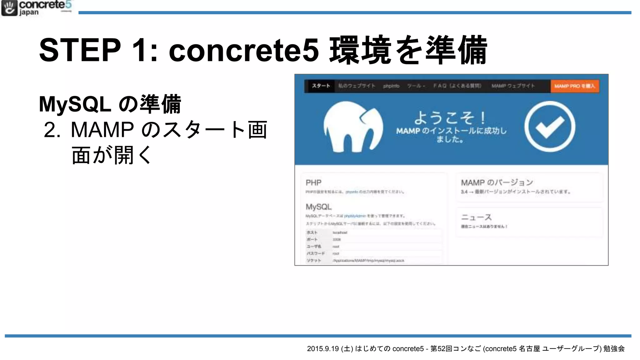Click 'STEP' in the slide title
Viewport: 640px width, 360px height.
(x=80, y=50)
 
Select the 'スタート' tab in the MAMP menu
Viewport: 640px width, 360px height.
(x=321, y=86)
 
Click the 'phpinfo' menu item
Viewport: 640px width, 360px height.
(x=391, y=86)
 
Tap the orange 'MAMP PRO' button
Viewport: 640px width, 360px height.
(x=575, y=86)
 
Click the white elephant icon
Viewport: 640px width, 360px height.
(x=353, y=127)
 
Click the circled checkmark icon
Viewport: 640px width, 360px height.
(x=550, y=127)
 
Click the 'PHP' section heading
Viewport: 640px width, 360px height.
(x=313, y=182)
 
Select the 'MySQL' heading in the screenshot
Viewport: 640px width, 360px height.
(x=318, y=207)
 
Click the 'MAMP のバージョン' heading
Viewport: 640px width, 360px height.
(x=497, y=182)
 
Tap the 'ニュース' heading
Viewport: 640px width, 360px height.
(x=476, y=217)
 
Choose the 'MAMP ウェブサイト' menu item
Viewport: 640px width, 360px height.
(x=513, y=86)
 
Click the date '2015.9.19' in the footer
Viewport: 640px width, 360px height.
(x=323, y=349)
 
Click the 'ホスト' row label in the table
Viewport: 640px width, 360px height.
(x=312, y=232)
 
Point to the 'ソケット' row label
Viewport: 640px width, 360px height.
(x=314, y=260)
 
